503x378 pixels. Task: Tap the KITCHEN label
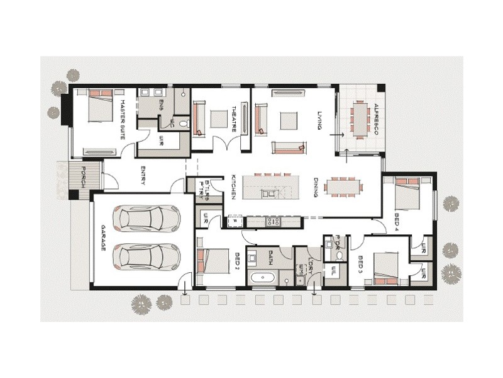point(233,187)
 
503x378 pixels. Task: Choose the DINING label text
point(316,187)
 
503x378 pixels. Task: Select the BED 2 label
point(237,261)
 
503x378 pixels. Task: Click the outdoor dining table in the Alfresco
point(360,119)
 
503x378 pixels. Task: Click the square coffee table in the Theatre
point(218,119)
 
